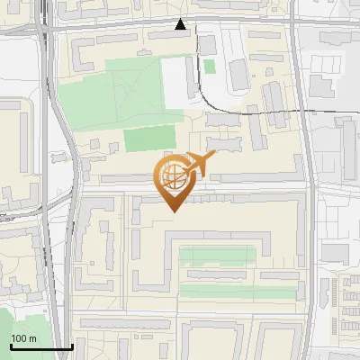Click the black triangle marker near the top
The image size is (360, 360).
click(x=182, y=24)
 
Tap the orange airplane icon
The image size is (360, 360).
click(x=199, y=165)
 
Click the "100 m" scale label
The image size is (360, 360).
click(x=23, y=338)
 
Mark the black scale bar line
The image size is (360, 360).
click(x=40, y=346)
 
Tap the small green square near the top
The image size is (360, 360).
click(x=210, y=66)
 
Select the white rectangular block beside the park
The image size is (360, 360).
click(x=175, y=81)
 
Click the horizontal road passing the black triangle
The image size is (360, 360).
click(x=135, y=28)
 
